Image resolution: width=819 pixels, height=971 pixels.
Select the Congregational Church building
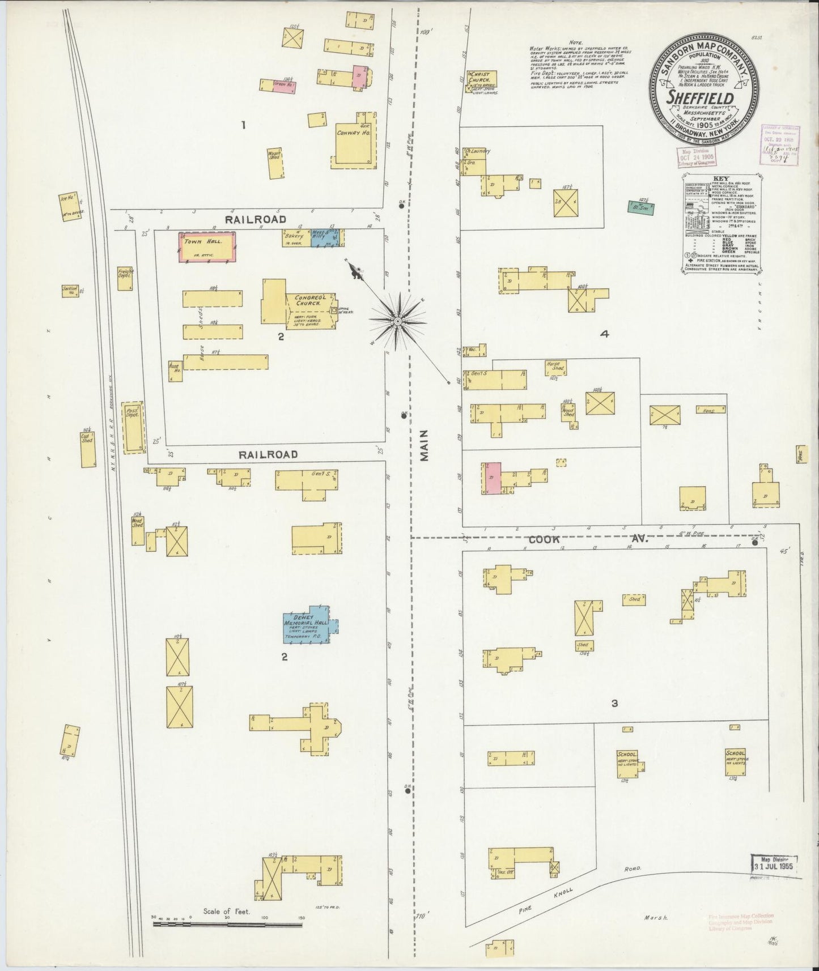tap(303, 300)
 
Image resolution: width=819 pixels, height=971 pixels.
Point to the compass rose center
tap(398, 321)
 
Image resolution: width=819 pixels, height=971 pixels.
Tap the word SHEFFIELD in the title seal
tap(700, 97)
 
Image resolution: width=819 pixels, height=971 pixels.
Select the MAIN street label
tap(425, 447)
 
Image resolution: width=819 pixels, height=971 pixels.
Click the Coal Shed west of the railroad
tap(88, 449)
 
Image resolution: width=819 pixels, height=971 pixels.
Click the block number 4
tap(604, 335)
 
